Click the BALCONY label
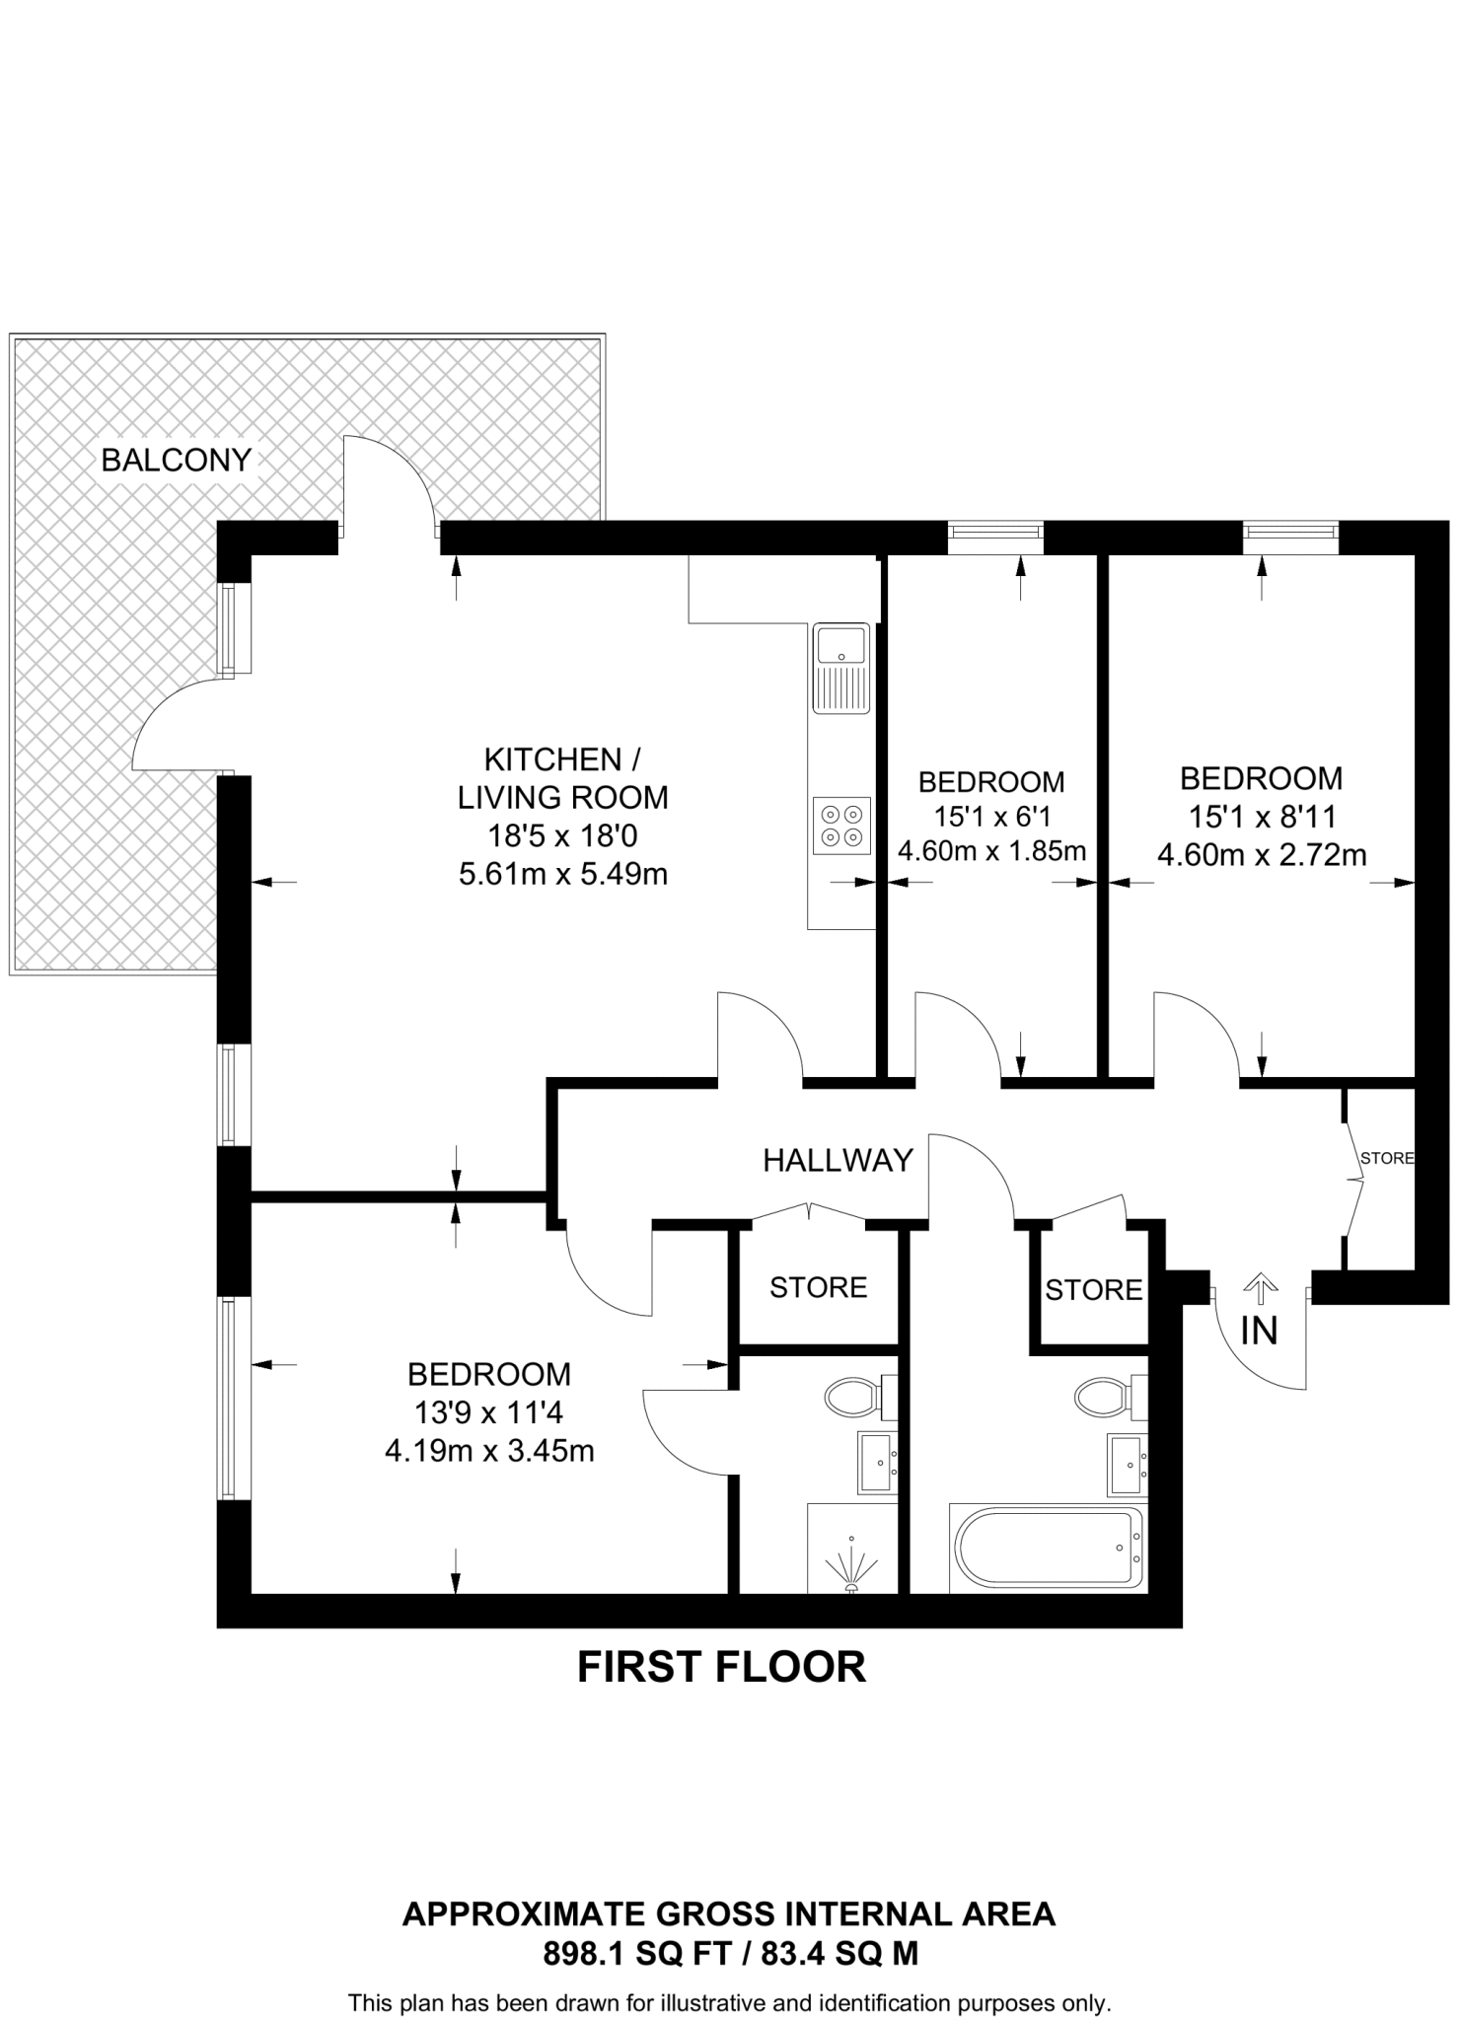pyautogui.click(x=177, y=460)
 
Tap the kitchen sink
pyautogui.click(x=840, y=666)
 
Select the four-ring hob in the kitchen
pyautogui.click(x=841, y=824)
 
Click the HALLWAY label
pyautogui.click(x=838, y=1160)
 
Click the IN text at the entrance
pyautogui.click(x=1259, y=1332)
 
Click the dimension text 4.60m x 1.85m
pyautogui.click(x=991, y=850)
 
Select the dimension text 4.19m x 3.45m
pyautogui.click(x=489, y=1451)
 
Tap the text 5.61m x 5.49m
pyautogui.click(x=563, y=874)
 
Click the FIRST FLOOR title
pyautogui.click(x=721, y=1667)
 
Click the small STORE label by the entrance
pyautogui.click(x=1387, y=1158)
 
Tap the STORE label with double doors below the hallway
pyautogui.click(x=818, y=1287)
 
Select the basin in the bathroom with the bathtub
pyautogui.click(x=1126, y=1464)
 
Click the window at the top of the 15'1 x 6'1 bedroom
pyautogui.click(x=994, y=534)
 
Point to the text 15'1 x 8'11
pyautogui.click(x=1262, y=817)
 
